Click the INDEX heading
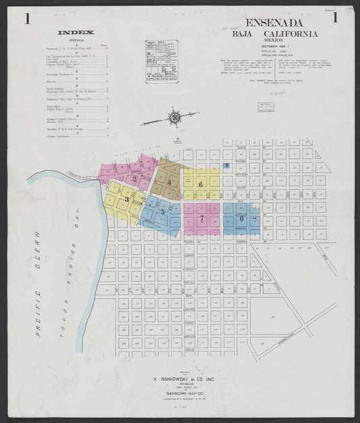[x=76, y=32]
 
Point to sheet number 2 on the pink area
[x=135, y=179]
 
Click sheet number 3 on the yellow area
[x=126, y=199]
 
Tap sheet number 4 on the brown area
[x=170, y=182]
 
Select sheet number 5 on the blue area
[x=163, y=212]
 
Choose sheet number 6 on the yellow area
[x=201, y=184]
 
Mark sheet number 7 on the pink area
[x=201, y=218]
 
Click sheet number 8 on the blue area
[x=241, y=218]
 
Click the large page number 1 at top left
[x=28, y=18]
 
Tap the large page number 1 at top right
[x=335, y=18]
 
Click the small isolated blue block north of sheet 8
[x=226, y=166]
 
